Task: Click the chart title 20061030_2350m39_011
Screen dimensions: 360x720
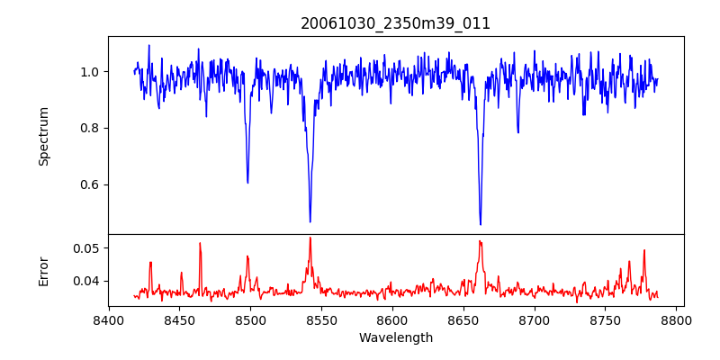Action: tap(395, 24)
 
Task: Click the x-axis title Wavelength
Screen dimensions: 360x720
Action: tap(395, 338)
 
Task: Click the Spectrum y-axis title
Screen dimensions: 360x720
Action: tap(44, 136)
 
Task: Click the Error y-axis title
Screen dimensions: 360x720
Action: tap(44, 271)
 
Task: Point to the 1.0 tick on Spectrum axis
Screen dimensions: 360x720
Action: tap(91, 72)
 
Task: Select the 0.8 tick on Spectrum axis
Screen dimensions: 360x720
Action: tap(91, 128)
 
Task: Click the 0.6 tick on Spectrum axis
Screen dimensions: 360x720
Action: tap(91, 184)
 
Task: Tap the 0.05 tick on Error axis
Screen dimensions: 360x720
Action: tap(87, 247)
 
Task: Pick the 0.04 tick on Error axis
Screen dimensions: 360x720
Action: tap(87, 281)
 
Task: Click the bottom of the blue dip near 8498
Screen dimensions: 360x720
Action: tap(247, 183)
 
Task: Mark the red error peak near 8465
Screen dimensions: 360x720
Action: tap(200, 243)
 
